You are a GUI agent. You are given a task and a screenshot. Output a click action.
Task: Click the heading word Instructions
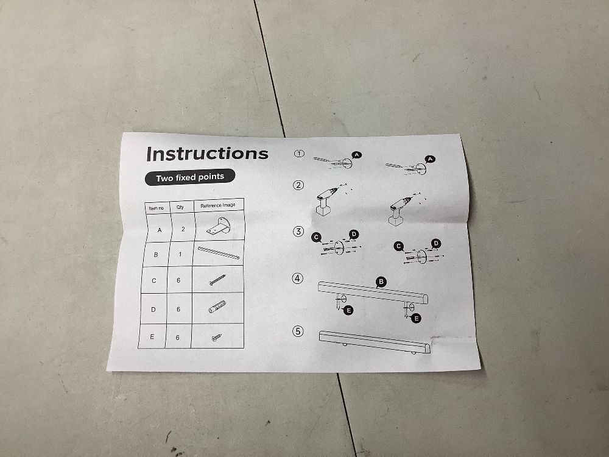point(208,154)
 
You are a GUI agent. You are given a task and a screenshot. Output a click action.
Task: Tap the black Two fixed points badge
point(190,177)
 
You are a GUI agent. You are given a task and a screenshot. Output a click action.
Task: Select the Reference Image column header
point(218,205)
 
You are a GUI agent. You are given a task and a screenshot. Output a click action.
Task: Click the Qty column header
point(180,207)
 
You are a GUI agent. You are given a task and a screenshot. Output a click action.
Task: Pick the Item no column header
point(156,208)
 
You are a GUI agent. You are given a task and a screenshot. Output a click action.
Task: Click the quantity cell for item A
point(183,229)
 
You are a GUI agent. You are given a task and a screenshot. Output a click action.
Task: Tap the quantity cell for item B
point(180,254)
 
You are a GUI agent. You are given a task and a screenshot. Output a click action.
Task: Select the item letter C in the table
point(154,280)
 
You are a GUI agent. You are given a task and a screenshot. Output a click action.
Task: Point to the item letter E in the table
point(152,336)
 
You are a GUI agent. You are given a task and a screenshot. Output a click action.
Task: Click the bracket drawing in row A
point(219,227)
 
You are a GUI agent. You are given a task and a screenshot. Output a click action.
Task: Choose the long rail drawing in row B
point(219,253)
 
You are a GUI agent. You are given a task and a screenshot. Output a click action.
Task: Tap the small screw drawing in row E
point(216,338)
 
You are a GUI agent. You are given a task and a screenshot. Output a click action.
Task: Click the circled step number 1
point(299,154)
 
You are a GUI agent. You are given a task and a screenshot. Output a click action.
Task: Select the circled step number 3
point(298,232)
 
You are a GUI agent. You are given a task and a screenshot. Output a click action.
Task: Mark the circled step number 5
point(298,331)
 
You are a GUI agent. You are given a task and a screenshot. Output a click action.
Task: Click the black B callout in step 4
point(381,282)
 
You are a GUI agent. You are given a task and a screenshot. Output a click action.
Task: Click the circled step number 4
point(298,278)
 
